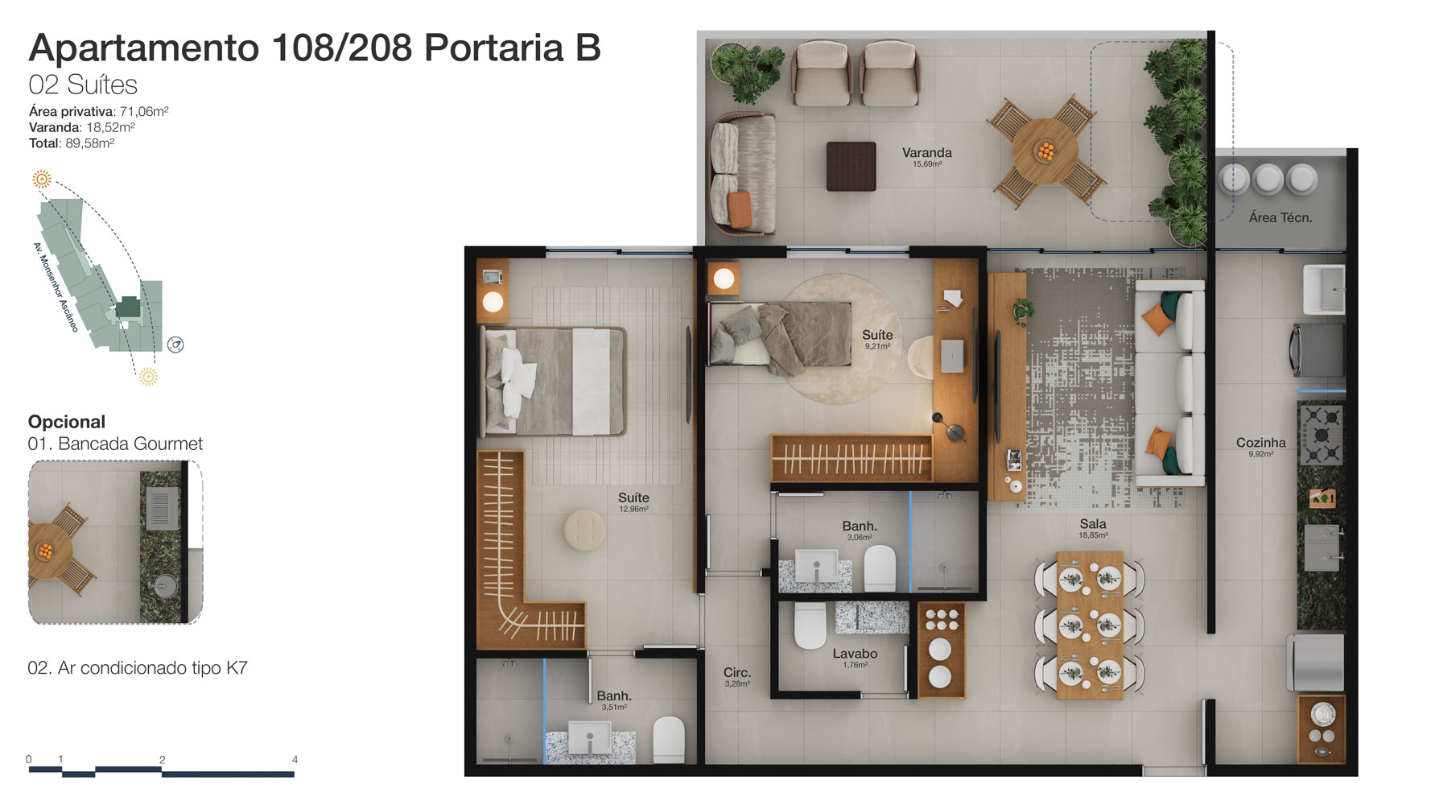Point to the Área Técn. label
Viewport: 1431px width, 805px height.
point(1280,217)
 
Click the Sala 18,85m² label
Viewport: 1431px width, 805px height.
point(1093,528)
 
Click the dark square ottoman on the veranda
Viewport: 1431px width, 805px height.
point(851,166)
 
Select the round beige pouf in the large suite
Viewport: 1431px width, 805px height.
point(584,530)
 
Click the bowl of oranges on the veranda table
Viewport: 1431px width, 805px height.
point(1045,151)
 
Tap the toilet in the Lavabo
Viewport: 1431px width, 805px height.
point(810,625)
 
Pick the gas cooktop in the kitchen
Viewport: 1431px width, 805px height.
point(1321,435)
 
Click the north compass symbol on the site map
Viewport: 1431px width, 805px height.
point(175,345)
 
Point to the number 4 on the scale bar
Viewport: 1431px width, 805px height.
point(295,759)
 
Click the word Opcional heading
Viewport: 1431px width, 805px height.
point(67,422)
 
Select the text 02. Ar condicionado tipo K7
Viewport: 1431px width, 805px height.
point(138,667)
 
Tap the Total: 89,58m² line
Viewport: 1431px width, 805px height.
point(72,143)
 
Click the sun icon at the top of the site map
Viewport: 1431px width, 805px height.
point(42,179)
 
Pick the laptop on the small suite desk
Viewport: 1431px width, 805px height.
point(952,356)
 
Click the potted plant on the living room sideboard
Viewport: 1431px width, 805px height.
point(1023,311)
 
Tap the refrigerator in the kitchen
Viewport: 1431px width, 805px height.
point(1315,663)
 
